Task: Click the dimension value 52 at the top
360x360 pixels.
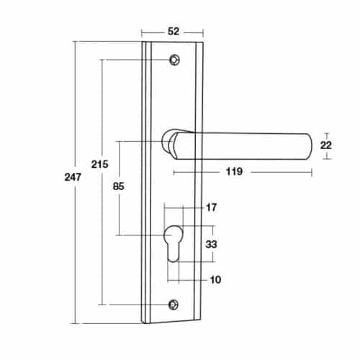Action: tap(172, 31)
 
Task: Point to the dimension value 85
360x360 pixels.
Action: tap(119, 186)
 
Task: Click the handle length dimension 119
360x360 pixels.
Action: tap(232, 171)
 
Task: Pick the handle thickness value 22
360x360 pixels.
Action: tap(325, 145)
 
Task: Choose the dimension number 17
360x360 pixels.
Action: tap(211, 208)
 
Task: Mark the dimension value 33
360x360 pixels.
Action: tap(212, 244)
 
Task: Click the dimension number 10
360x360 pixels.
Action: tap(216, 279)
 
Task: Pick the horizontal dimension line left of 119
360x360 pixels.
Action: tap(194, 171)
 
